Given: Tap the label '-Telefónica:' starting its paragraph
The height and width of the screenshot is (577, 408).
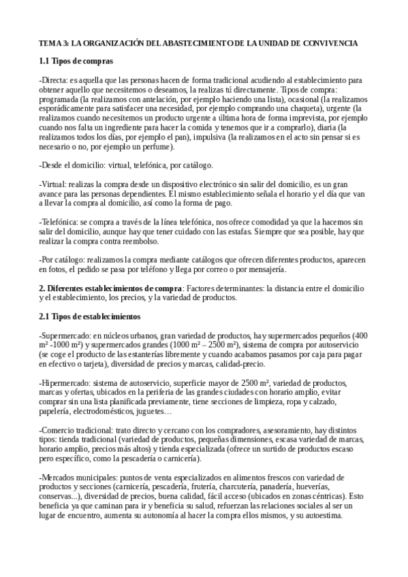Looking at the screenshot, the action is point(59,222).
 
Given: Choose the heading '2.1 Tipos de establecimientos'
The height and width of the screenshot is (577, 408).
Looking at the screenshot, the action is point(90,317).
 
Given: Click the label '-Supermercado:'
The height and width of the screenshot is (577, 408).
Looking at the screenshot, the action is point(65,336).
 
